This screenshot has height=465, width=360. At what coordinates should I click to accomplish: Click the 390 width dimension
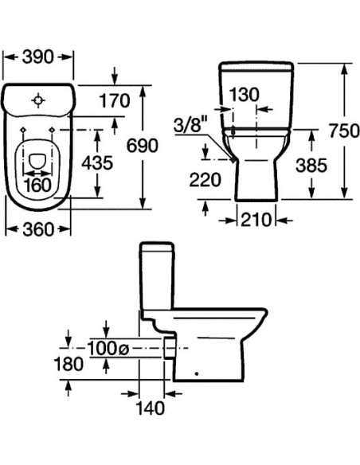coord(38,57)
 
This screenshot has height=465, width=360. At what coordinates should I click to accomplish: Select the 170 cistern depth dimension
coord(115,100)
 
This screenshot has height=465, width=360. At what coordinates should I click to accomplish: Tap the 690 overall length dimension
coord(143,146)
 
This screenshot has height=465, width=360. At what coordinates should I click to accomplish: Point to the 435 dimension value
coord(97,162)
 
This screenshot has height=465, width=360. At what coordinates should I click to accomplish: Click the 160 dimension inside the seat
coord(37,185)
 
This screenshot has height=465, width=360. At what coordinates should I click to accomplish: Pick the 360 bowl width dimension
coord(38,229)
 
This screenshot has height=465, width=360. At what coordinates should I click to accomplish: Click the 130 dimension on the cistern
coord(245,95)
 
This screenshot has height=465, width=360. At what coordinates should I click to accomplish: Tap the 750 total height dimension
coord(344,131)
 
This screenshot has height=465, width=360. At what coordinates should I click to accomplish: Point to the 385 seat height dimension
coord(311,165)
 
